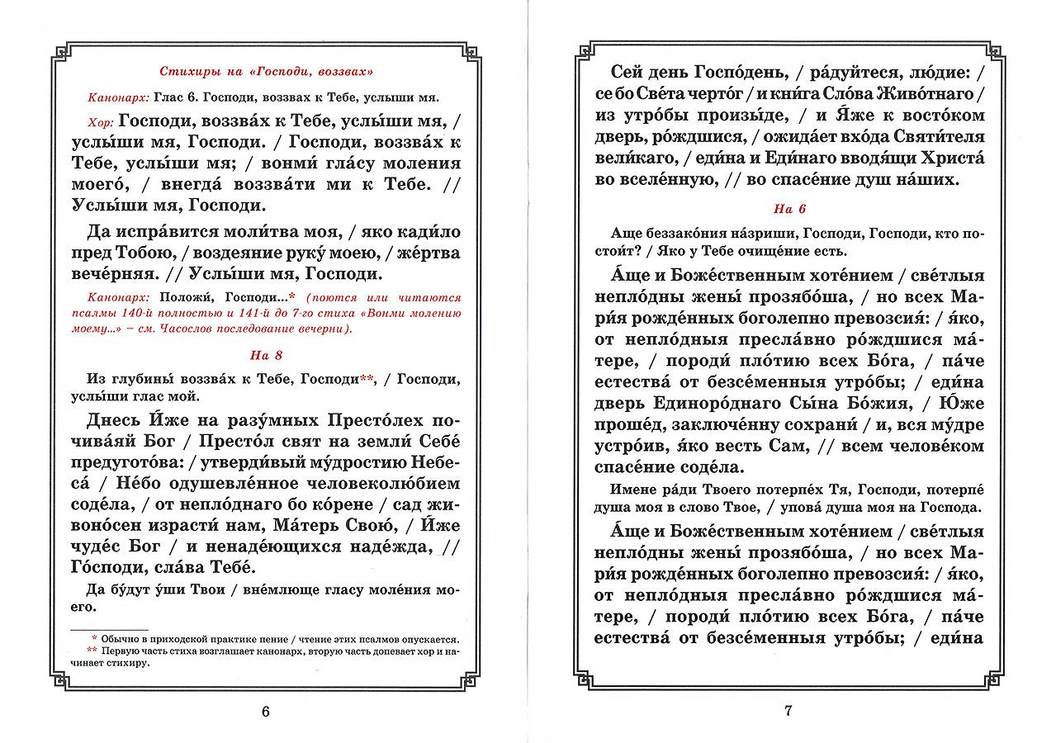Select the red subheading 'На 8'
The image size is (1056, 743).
tap(264, 356)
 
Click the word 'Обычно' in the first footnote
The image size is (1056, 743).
tap(124, 639)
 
